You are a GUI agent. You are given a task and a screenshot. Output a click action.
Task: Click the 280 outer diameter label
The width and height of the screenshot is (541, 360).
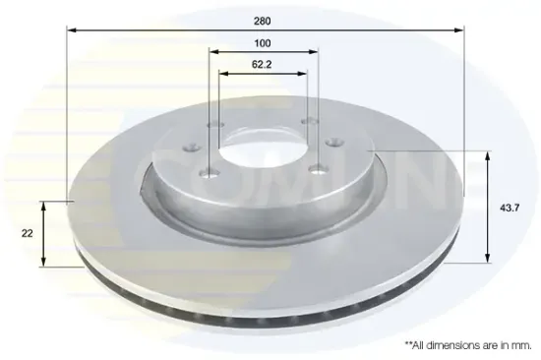coord(263,21)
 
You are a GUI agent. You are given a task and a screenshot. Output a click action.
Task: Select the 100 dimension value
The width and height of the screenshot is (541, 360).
coord(263,43)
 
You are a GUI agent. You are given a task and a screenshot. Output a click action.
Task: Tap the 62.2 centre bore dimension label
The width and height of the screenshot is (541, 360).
coord(262,65)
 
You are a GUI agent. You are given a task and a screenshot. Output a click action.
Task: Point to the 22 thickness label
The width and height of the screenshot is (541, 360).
coord(27,234)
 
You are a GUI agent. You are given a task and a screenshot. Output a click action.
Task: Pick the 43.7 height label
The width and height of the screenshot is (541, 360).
coord(510,208)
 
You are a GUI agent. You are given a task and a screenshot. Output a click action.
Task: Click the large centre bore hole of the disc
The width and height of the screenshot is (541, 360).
coord(262,149)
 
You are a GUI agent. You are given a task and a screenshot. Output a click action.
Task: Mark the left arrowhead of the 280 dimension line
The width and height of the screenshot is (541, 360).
coord(71,30)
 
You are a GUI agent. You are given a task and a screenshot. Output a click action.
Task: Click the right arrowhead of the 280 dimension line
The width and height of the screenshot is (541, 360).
coord(459,30)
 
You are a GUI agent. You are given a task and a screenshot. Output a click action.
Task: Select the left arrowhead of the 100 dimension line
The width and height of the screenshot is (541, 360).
coord(214,52)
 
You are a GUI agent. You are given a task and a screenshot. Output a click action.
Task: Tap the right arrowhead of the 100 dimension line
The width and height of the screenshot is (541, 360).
coord(313,52)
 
